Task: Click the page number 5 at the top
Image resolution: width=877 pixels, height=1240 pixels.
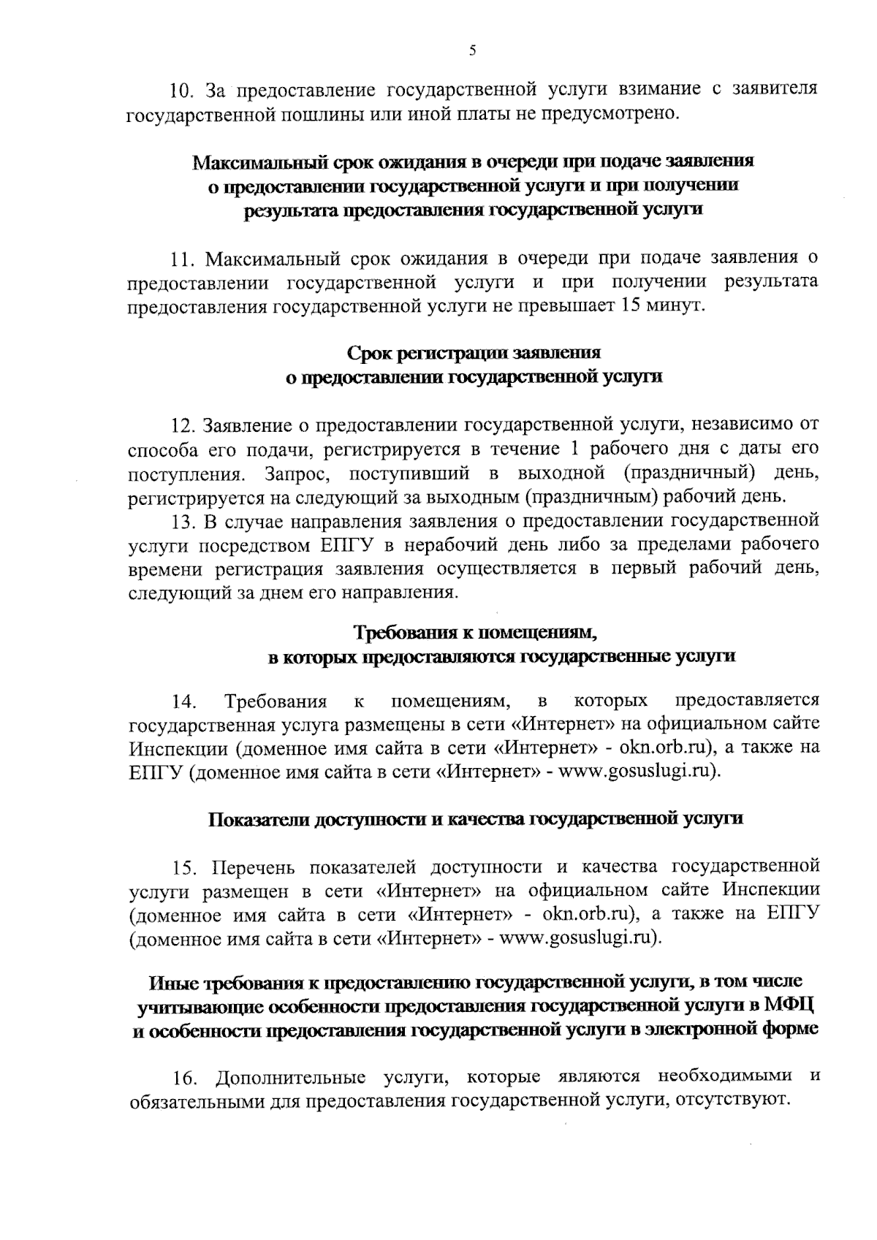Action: coord(472,50)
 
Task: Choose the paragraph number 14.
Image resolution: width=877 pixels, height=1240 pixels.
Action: coord(183,702)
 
